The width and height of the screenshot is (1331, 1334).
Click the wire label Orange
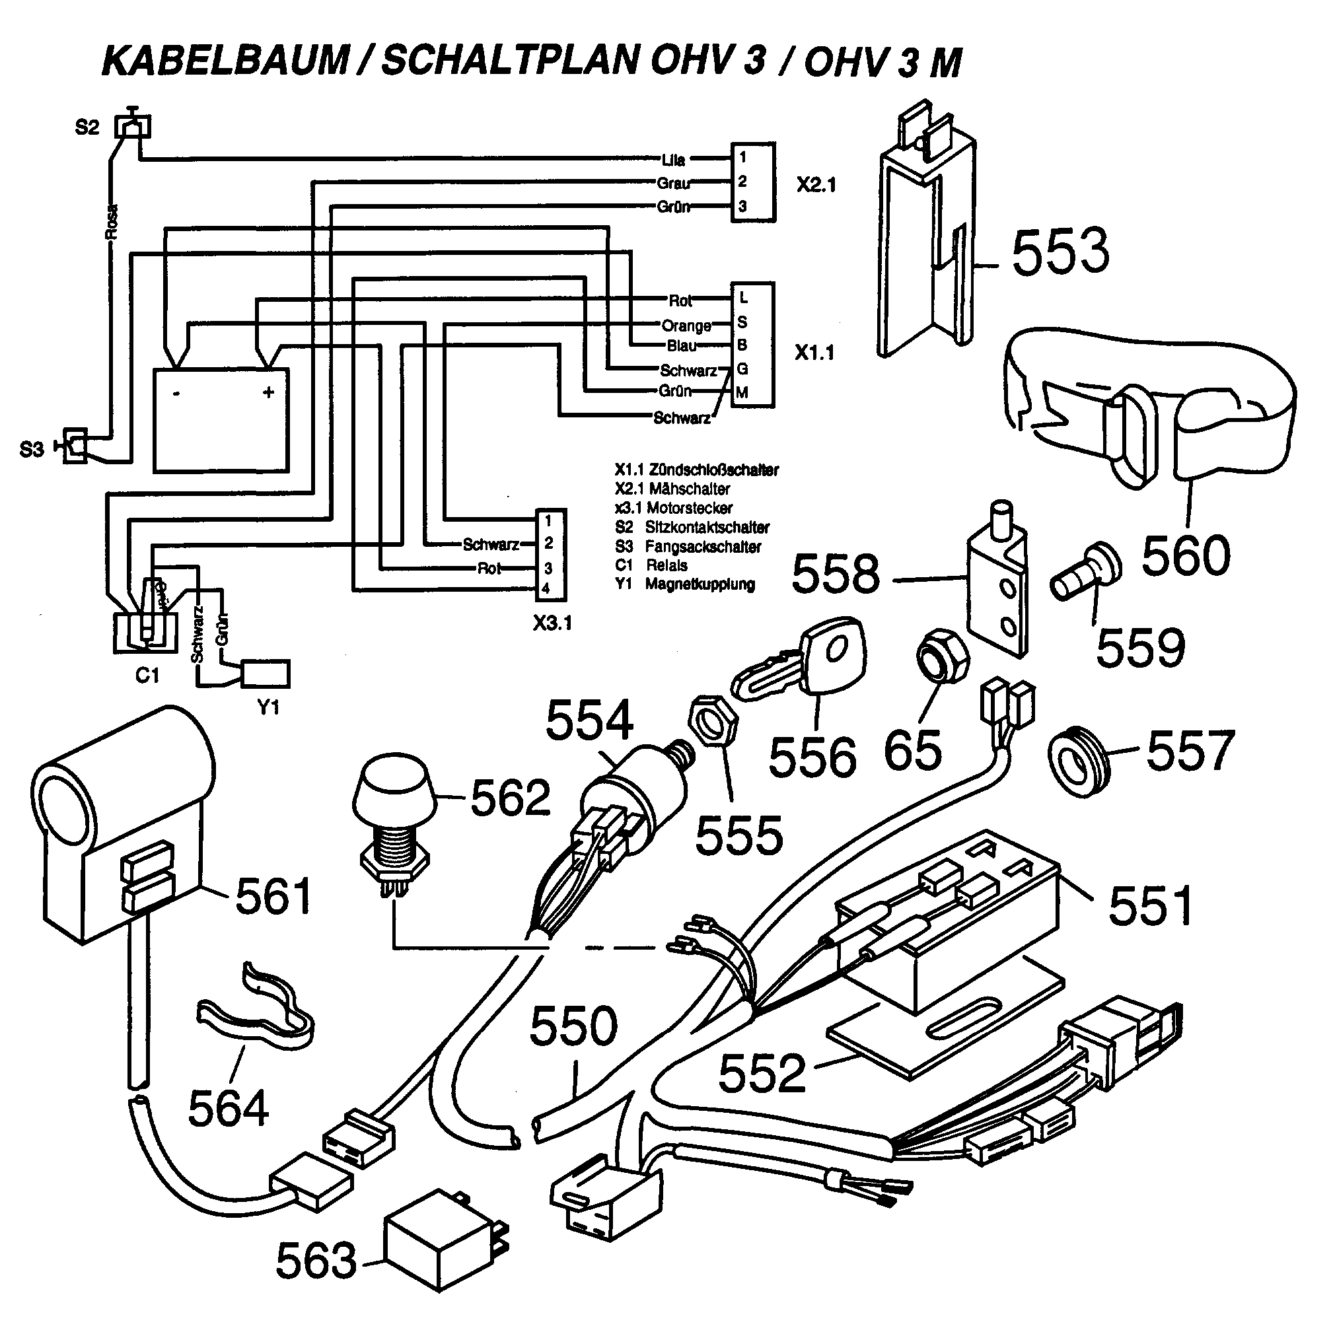point(686,325)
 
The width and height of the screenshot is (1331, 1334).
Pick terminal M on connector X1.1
point(742,393)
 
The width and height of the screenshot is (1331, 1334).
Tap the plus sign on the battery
point(269,392)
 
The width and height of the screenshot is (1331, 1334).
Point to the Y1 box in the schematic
point(267,673)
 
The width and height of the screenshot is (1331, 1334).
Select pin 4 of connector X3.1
point(546,589)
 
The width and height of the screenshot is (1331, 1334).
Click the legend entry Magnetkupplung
point(699,584)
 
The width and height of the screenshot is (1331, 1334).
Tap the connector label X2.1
point(816,185)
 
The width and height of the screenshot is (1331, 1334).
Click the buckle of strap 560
point(1133,435)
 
